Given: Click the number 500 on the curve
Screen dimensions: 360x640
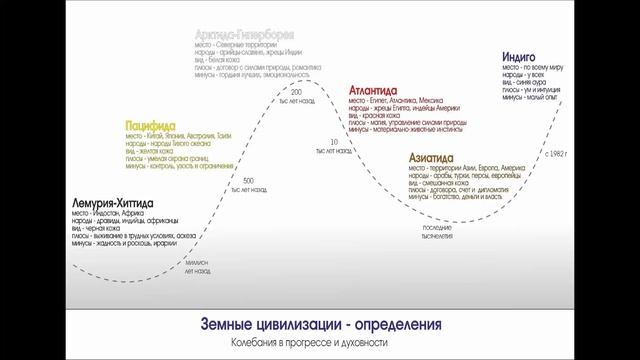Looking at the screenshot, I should tap(247, 179).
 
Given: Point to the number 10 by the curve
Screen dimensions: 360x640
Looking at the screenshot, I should tap(333, 143).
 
